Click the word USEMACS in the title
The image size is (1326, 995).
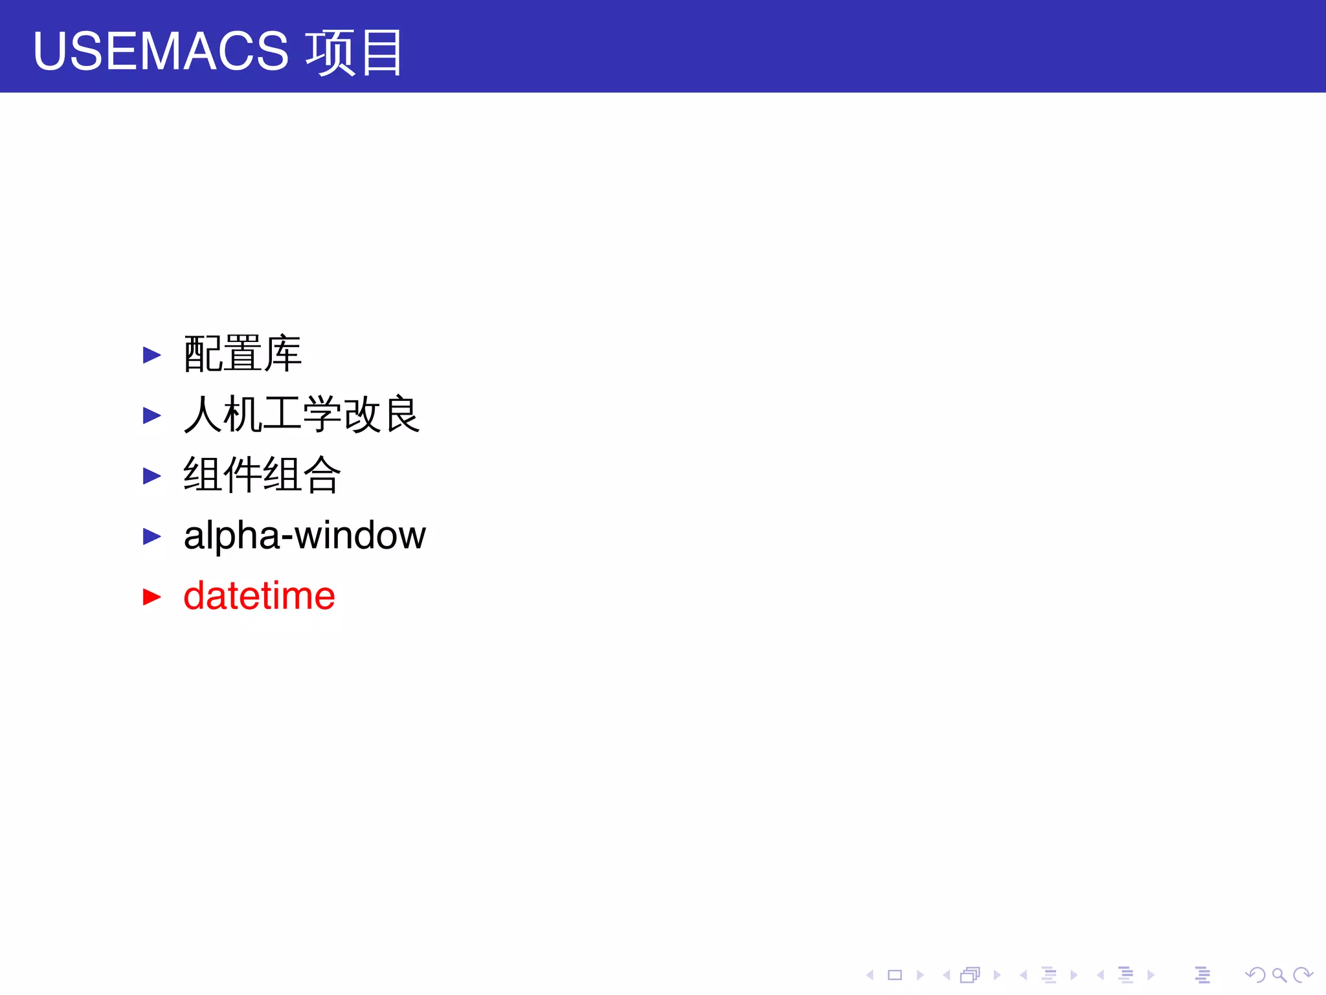tap(161, 51)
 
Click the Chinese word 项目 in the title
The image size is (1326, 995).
tap(354, 52)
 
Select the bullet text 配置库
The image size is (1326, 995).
tap(242, 354)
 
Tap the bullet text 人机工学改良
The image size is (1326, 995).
tap(302, 415)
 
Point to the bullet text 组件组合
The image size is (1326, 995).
tap(262, 475)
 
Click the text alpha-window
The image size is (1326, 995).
tap(304, 536)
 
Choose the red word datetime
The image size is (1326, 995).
tap(259, 596)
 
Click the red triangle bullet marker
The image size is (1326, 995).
tap(152, 597)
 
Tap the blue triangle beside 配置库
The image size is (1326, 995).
tap(152, 355)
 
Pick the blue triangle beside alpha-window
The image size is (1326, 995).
tap(152, 536)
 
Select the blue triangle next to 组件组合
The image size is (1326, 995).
tap(152, 476)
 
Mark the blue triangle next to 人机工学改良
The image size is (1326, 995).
tap(152, 415)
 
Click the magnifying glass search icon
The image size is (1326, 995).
tap(1279, 975)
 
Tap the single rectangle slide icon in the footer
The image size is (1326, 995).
tap(895, 975)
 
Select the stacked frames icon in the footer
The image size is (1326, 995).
tap(970, 975)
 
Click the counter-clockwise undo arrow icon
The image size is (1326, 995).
tap(1255, 975)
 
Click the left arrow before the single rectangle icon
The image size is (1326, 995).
tap(870, 975)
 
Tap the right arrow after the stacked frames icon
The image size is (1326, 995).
tap(997, 975)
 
